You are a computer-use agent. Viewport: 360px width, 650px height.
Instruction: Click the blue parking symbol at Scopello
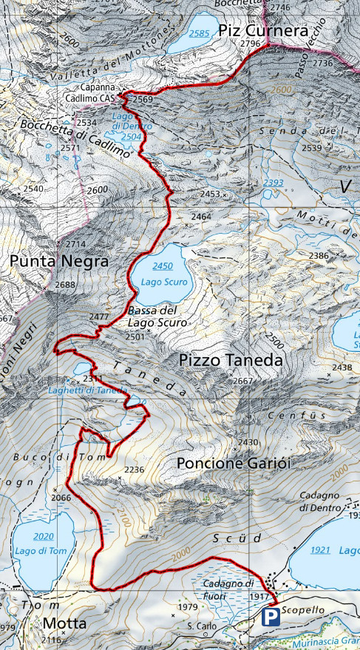tap(271, 617)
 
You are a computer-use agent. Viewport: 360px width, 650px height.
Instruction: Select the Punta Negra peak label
tap(59, 262)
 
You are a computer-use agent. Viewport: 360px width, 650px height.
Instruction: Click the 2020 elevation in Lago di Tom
tap(44, 535)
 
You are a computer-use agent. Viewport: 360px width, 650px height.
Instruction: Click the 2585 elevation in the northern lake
tap(199, 33)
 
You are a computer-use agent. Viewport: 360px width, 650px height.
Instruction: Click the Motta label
tap(64, 623)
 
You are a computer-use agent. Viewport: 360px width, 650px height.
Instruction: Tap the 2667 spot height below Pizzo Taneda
tap(243, 381)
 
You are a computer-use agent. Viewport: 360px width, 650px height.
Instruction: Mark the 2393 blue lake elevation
tap(274, 183)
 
